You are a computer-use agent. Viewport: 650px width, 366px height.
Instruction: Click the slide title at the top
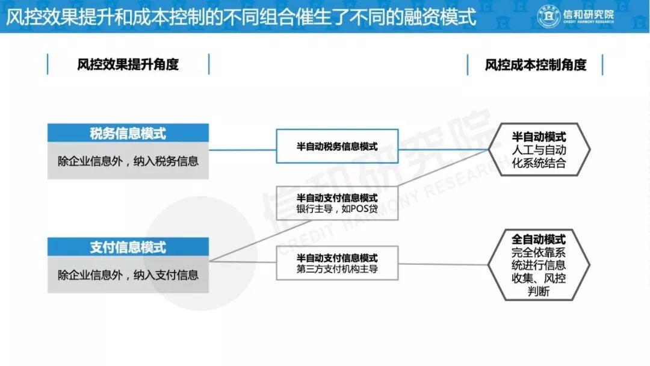(x=241, y=17)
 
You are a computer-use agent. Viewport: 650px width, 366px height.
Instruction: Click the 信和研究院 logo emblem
(x=548, y=17)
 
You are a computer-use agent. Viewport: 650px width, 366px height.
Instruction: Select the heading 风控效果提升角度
(x=128, y=64)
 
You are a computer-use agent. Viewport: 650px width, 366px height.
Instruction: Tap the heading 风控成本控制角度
(x=536, y=64)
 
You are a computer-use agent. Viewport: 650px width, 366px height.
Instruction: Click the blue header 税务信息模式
(x=128, y=133)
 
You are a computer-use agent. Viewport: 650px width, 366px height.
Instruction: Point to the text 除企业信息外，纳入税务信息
(x=128, y=161)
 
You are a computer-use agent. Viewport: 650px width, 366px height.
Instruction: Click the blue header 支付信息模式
(x=128, y=247)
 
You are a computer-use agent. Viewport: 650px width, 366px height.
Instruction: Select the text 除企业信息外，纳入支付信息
(x=128, y=275)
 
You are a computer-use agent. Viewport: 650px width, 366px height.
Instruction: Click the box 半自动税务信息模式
(x=337, y=146)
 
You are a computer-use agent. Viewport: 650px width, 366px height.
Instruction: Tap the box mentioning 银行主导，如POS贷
(x=337, y=203)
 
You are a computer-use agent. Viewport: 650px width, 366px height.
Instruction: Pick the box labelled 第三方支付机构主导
(x=337, y=263)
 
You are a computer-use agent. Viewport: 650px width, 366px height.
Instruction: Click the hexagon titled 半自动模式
(x=539, y=150)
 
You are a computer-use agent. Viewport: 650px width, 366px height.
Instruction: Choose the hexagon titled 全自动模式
(x=539, y=265)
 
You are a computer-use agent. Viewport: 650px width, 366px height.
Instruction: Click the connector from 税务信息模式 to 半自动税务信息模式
(x=243, y=150)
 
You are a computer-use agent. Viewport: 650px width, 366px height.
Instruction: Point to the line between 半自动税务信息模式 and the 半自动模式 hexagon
(x=443, y=149)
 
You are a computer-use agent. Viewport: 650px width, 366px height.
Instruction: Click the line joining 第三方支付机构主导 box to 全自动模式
(x=443, y=264)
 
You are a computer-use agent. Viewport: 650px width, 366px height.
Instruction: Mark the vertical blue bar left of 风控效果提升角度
(x=48, y=64)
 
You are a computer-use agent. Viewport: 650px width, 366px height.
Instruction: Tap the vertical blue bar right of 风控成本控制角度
(x=602, y=64)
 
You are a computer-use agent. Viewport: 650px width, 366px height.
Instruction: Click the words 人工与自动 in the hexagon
(x=539, y=150)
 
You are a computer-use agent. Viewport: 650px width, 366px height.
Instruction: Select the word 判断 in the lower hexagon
(x=539, y=291)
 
